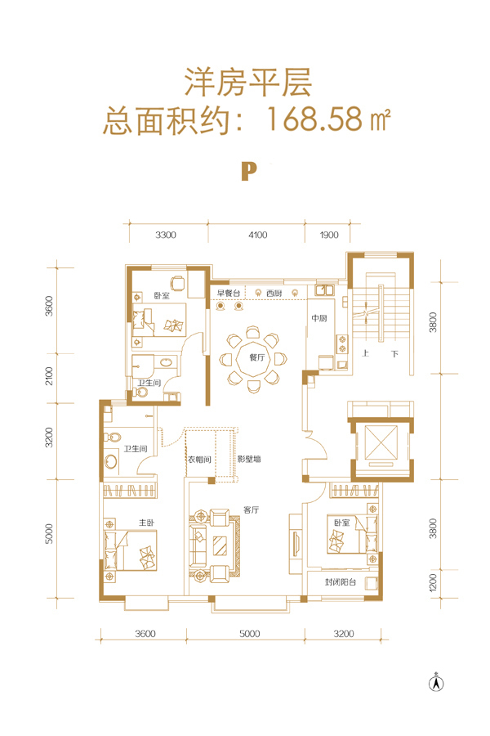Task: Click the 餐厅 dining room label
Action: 257,357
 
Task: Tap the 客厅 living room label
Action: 252,509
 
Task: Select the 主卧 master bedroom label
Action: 147,522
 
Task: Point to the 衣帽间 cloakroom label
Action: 200,459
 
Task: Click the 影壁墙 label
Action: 249,459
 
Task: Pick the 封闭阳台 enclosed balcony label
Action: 341,582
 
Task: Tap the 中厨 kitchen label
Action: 319,318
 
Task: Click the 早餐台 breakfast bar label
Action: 229,293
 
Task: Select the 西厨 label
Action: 274,293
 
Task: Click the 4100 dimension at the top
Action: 257,235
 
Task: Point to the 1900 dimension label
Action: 329,235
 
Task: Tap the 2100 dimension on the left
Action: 49,376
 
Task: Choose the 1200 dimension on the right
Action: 433,582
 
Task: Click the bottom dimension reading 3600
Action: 145,634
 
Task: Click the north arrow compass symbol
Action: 437,683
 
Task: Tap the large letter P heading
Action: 249,172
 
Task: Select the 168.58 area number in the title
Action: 314,119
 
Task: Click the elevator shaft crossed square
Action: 381,442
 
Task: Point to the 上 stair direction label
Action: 365,353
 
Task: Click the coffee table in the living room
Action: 220,545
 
